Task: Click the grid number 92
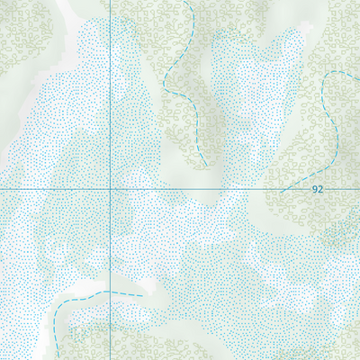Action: coord(317,190)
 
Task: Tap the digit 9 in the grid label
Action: coord(314,190)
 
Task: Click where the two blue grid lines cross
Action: coord(110,190)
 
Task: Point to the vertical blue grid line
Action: coord(110,90)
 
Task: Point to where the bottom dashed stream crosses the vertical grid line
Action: coord(110,292)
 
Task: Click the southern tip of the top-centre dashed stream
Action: coord(206,163)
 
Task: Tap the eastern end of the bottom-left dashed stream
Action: coord(143,294)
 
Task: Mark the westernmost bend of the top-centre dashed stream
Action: coord(165,81)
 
